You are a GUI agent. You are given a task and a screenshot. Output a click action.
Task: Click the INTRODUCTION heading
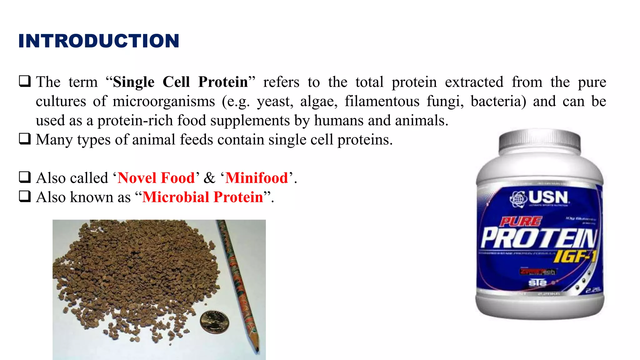(99, 41)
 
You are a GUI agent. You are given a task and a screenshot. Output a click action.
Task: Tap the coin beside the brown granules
(214, 322)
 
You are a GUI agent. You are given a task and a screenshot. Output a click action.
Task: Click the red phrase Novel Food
(156, 178)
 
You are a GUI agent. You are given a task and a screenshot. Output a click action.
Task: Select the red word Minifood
(257, 178)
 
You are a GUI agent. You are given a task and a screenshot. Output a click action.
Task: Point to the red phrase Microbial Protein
(203, 197)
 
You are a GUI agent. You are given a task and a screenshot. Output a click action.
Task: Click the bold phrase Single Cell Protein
(180, 82)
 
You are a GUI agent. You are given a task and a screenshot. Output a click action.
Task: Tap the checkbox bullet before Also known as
(25, 197)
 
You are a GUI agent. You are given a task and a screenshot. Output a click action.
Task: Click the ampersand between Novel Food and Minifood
(209, 178)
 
